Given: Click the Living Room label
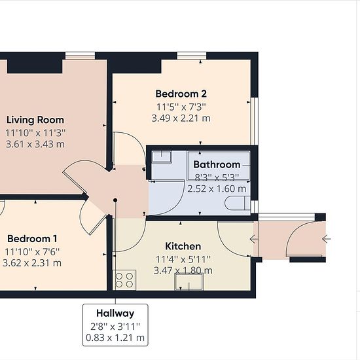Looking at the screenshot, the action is [x=35, y=120].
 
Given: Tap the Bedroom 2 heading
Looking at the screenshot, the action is [x=181, y=94].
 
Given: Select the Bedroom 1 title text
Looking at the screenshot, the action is [x=32, y=238].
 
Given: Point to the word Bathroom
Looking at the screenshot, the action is [x=217, y=164].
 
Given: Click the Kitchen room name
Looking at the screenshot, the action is [x=183, y=246].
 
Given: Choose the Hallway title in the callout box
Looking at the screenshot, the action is [x=115, y=314].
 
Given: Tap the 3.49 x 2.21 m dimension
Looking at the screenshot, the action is [x=181, y=118].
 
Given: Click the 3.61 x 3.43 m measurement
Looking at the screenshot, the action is [x=35, y=144].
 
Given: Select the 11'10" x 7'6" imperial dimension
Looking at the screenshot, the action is [x=32, y=251].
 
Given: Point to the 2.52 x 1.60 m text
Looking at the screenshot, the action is [x=217, y=189].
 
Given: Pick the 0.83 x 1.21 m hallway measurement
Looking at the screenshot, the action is [x=115, y=338].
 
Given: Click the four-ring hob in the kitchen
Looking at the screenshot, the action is [x=124, y=280].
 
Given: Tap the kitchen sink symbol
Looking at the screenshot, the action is [x=189, y=282].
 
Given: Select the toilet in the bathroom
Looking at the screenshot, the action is [x=238, y=203].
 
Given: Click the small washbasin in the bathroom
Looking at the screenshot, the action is [x=162, y=157].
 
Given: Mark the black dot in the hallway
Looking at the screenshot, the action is [x=115, y=200].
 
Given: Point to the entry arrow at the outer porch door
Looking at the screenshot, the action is [x=326, y=239].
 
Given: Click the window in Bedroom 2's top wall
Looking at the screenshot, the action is [x=192, y=56].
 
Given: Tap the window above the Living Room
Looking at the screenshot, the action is [x=80, y=56].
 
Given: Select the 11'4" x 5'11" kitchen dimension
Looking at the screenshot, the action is [x=183, y=259].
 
